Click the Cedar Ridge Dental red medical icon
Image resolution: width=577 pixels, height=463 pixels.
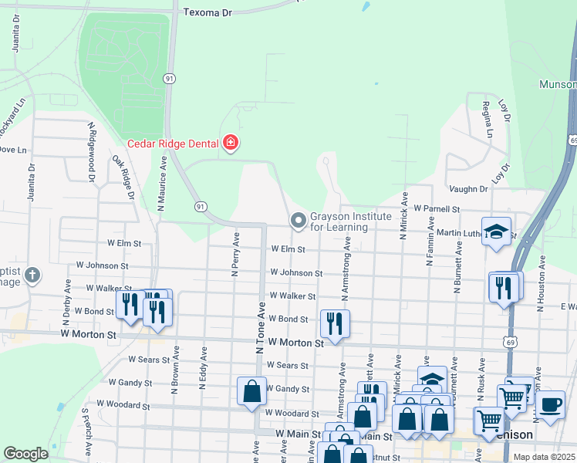[x=229, y=142]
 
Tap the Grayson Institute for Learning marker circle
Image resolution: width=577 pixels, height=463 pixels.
[x=299, y=221]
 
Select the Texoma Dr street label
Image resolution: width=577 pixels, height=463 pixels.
[x=208, y=12]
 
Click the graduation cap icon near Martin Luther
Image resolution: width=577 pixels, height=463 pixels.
[x=496, y=231]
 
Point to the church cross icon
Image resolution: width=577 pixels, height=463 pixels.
[x=32, y=275]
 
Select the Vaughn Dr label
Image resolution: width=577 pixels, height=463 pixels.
[x=468, y=189]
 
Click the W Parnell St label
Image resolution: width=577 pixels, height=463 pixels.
[x=436, y=209]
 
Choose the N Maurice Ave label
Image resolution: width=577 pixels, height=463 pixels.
[x=162, y=185]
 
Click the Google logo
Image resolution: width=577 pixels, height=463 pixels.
[x=25, y=454]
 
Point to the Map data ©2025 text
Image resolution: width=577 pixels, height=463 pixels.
[x=545, y=456]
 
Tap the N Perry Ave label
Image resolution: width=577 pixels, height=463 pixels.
[x=235, y=256]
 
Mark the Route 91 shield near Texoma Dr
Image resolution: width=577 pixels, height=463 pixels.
[x=169, y=78]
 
